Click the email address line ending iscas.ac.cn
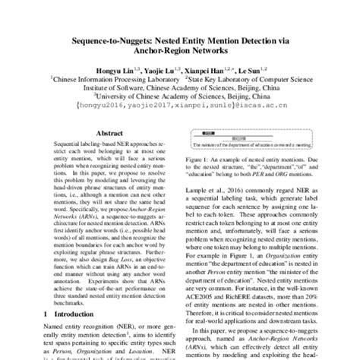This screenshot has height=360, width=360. pyautogui.click(x=180, y=107)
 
